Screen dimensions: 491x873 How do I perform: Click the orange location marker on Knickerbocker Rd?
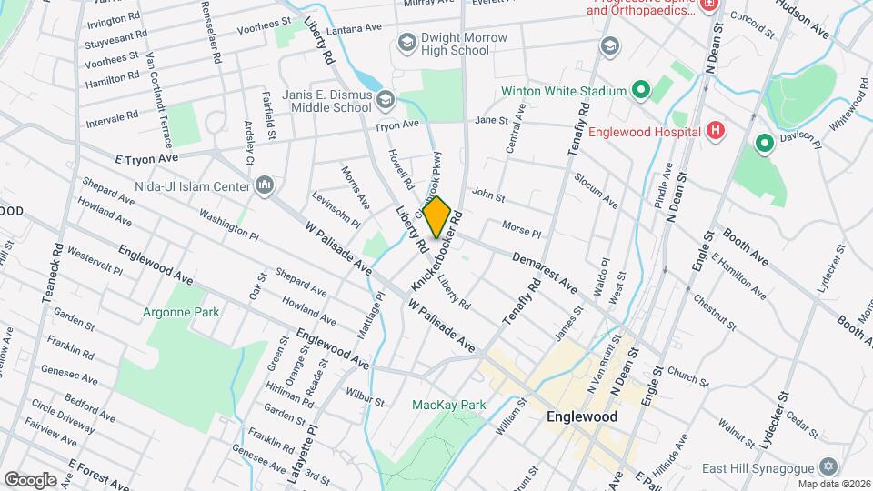437,216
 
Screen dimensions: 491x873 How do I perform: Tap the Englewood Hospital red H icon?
716,131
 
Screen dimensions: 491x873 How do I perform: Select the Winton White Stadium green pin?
640,90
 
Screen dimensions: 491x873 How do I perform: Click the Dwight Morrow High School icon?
406,44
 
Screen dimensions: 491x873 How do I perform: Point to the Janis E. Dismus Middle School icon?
386,98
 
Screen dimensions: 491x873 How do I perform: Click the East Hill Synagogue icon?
827,466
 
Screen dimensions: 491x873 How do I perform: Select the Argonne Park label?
180,312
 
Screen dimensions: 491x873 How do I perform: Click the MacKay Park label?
448,405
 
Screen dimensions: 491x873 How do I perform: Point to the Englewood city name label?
582,416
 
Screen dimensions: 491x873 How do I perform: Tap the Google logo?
30,479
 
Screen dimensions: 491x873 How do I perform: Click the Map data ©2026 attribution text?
831,483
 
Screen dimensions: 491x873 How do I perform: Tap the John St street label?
488,195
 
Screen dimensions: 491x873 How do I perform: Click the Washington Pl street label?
227,224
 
